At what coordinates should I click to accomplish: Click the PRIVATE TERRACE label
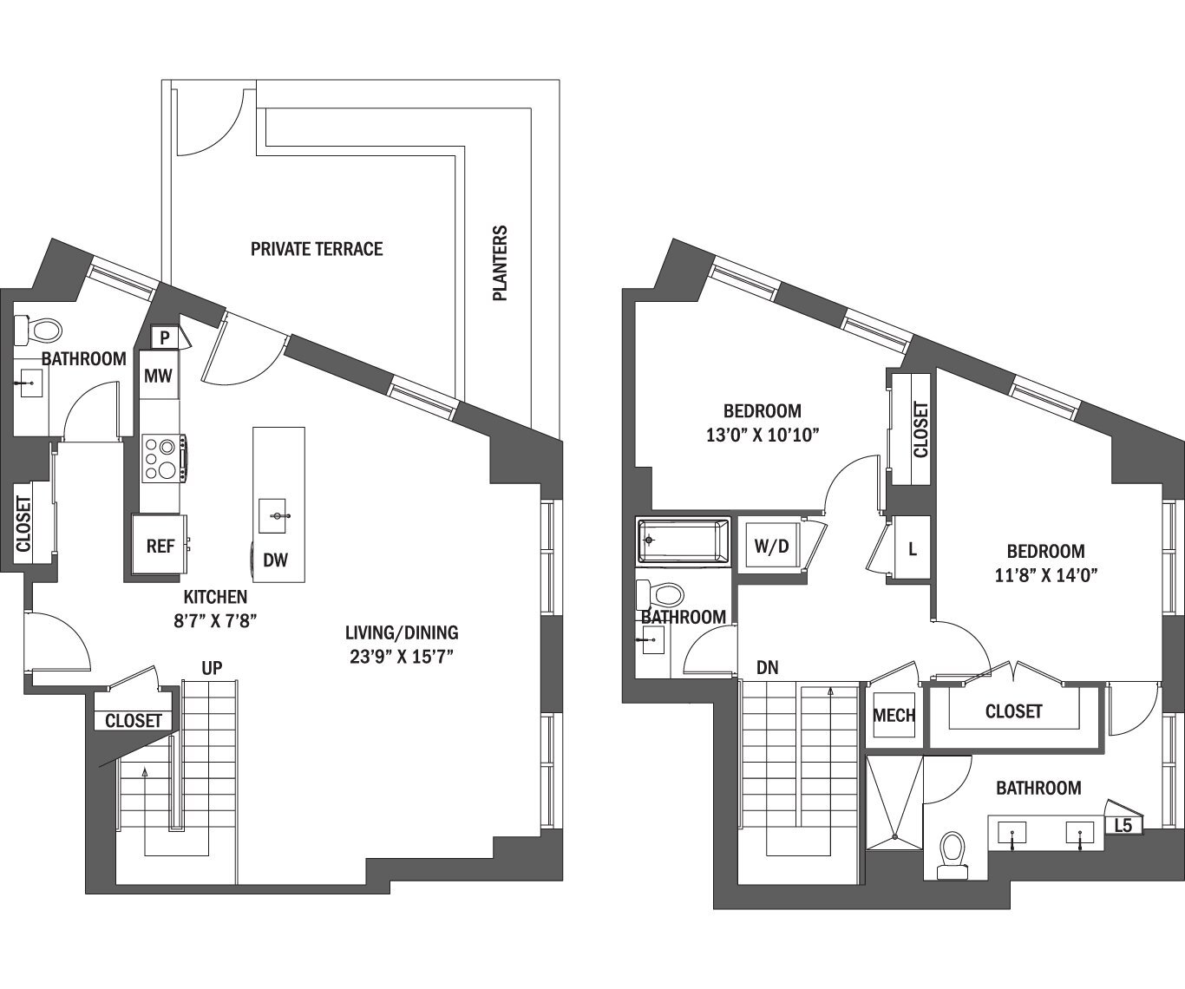(x=316, y=249)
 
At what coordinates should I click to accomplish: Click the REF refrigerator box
(x=160, y=546)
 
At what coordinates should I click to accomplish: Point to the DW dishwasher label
(x=275, y=560)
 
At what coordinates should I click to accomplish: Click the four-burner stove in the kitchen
(x=162, y=458)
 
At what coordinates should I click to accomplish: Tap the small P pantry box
(x=164, y=336)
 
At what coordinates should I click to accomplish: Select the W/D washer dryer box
(x=771, y=547)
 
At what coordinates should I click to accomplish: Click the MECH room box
(x=894, y=715)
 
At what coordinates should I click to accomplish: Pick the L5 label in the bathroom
(x=1123, y=825)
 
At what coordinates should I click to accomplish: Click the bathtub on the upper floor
(x=684, y=541)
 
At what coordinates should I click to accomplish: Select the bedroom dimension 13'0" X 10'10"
(x=762, y=434)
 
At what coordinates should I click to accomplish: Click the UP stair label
(x=212, y=668)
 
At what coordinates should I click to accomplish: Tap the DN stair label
(x=767, y=668)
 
